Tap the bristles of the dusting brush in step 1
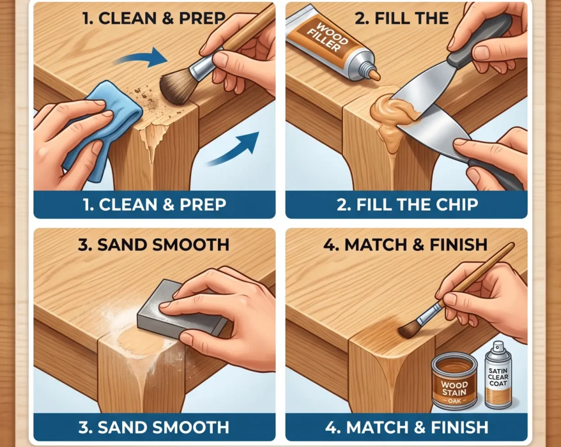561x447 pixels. [176, 87]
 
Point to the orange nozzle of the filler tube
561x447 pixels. [374, 75]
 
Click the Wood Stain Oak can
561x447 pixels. [454, 381]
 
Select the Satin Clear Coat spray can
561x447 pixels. [498, 375]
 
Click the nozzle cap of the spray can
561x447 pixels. [498, 346]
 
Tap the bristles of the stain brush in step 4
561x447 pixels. [410, 329]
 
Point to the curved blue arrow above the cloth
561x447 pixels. [141, 57]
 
